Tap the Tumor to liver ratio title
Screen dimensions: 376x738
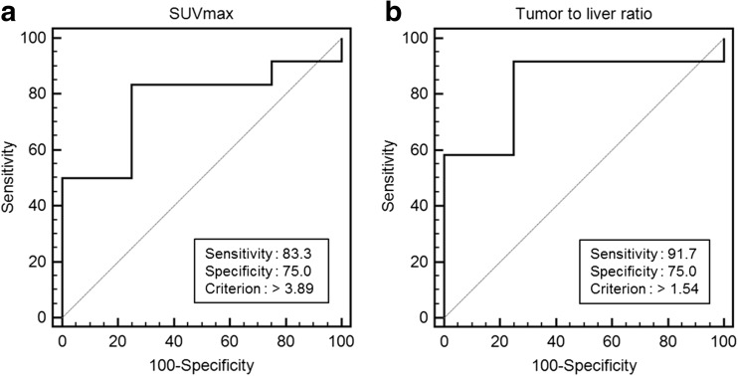pyautogui.click(x=585, y=14)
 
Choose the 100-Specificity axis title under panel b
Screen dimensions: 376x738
pyautogui.click(x=585, y=363)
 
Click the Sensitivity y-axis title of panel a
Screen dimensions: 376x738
pyautogui.click(x=13, y=178)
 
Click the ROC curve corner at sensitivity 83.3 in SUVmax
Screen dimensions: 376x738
pyautogui.click(x=131, y=85)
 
